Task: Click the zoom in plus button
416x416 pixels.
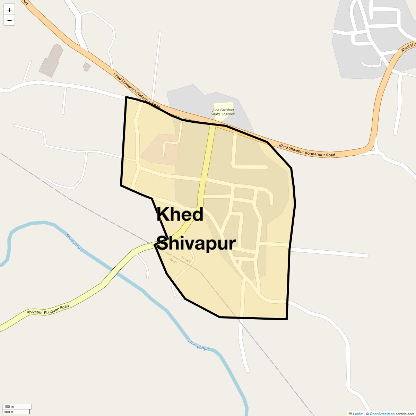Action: coord(9,10)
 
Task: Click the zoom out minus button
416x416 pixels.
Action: coord(9,20)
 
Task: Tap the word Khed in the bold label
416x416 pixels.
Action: coord(180,215)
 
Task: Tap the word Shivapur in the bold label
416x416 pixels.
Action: coord(196,243)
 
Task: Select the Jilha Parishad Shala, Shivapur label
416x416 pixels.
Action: coord(223,112)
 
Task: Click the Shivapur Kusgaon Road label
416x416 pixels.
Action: coord(48,310)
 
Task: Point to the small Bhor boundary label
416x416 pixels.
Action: coord(174,261)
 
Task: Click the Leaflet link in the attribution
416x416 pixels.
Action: coord(358,414)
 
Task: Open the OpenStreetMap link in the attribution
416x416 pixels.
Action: coord(382,414)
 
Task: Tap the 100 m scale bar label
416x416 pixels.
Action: coord(9,406)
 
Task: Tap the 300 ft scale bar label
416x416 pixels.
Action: coord(9,412)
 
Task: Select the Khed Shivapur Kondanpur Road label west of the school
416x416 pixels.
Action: coord(137,90)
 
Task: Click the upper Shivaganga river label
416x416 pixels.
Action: coord(74,243)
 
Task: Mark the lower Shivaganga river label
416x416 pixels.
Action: coord(199,345)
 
